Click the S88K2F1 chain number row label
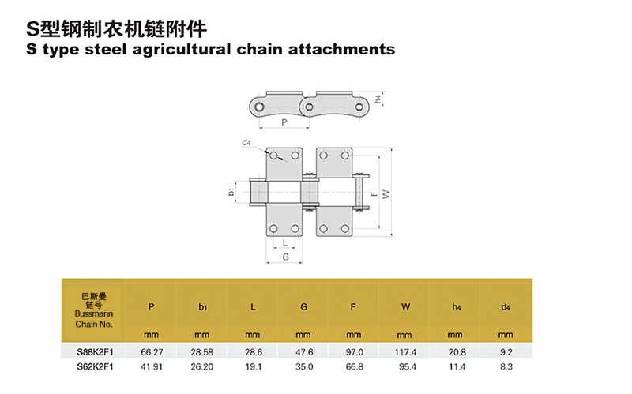coord(95,351)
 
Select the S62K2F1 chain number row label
coord(95,366)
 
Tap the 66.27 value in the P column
coord(151,351)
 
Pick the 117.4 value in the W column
coord(405,351)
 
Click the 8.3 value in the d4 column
coord(506,366)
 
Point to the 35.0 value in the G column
coord(303,366)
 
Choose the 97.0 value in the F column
coord(355,351)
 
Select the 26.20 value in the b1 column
coord(201,366)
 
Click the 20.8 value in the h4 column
coord(456,351)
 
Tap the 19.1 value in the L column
coord(253,366)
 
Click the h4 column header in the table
coord(455,306)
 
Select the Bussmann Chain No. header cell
coord(95,310)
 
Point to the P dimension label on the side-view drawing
coord(284,122)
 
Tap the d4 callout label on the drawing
coord(246,143)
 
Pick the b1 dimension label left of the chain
coord(230,192)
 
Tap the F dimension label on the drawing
coord(374,192)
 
